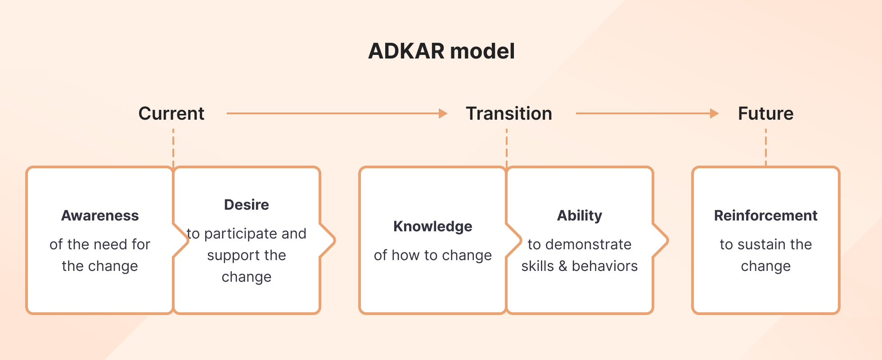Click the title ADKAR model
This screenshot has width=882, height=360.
coord(441,51)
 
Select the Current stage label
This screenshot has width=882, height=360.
coord(171,113)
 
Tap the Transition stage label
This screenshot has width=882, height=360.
coord(508,113)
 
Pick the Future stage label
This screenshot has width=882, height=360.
coord(765,113)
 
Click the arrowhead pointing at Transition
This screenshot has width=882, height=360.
coord(443,113)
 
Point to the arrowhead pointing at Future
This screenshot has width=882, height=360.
coord(714,113)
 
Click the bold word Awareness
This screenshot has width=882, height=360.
coord(100,216)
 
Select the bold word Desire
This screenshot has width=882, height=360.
coord(246,205)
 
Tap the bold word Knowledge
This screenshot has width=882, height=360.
coord(432,226)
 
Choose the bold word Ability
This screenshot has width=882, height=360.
coord(579,216)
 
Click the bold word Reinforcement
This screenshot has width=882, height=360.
coord(765,216)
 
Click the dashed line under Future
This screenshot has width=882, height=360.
coord(766,147)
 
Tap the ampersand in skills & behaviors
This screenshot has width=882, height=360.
coord(562,266)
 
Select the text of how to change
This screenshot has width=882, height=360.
coord(432,255)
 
